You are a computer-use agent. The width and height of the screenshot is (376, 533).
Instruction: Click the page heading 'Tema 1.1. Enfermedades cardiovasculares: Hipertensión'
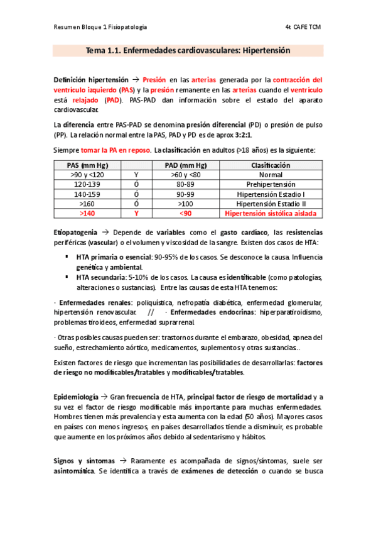188,50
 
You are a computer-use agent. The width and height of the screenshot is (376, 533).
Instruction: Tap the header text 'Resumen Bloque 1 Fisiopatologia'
100,27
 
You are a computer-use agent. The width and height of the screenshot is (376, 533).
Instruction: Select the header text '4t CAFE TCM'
303,27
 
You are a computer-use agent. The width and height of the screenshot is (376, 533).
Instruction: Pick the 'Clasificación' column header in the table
270,165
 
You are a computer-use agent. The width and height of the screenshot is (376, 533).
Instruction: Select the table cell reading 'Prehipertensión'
270,185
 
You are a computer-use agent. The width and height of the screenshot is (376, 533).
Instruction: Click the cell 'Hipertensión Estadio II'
270,204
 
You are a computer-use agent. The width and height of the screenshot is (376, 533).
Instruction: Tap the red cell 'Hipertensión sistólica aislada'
270,214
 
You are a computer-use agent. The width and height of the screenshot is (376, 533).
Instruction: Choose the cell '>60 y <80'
185,175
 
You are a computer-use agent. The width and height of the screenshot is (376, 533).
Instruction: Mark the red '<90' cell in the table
185,214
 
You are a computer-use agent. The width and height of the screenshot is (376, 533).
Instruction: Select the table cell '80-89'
185,185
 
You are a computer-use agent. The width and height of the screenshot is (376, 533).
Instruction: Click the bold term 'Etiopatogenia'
75,233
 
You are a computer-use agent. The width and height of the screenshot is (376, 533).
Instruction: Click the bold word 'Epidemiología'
75,397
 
